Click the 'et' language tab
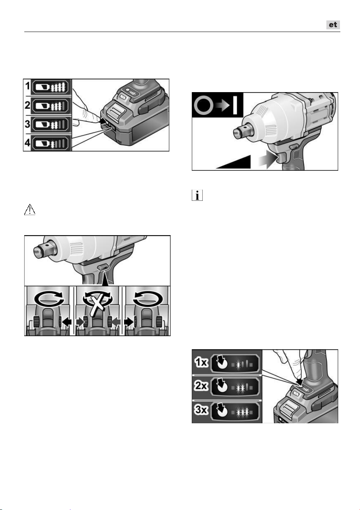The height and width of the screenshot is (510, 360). pos(333,25)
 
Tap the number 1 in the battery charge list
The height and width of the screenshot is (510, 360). pos(27,86)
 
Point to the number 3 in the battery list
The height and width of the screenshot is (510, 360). pos(27,124)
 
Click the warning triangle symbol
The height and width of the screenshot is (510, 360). pos(30,210)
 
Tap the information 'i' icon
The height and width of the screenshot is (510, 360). pos(197,195)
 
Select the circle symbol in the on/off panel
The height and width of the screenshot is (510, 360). pos(203,106)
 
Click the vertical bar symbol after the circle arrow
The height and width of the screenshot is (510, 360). pos(235,106)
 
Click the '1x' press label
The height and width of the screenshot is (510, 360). pos(201,363)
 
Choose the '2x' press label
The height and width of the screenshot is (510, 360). pos(201,386)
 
